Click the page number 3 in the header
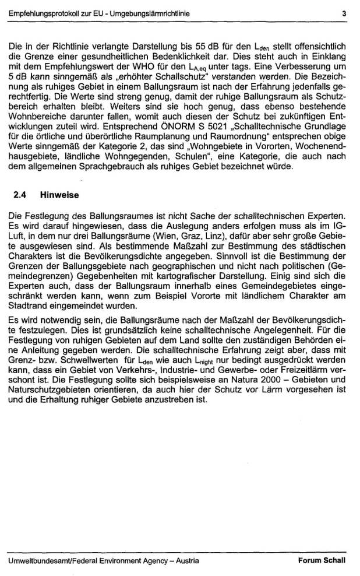tap(344, 12)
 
